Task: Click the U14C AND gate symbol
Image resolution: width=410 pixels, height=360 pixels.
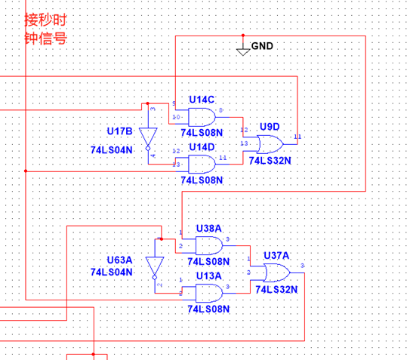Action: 200,115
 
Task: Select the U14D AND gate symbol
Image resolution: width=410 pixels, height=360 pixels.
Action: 200,162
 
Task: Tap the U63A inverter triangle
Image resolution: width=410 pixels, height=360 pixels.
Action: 155,267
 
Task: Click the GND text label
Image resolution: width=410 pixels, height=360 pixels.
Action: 262,47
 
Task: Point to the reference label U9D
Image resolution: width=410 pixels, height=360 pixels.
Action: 271,126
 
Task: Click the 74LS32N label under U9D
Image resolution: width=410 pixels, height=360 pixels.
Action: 270,160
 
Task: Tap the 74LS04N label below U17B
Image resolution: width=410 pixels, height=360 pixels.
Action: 112,149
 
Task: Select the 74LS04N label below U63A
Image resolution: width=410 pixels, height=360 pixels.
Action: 112,272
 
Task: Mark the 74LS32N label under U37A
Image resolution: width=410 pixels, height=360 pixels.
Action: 276,288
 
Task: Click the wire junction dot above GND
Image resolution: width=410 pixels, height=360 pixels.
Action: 243,35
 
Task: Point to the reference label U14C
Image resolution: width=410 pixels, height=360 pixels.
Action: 202,100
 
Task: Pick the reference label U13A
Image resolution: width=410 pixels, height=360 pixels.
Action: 209,276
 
